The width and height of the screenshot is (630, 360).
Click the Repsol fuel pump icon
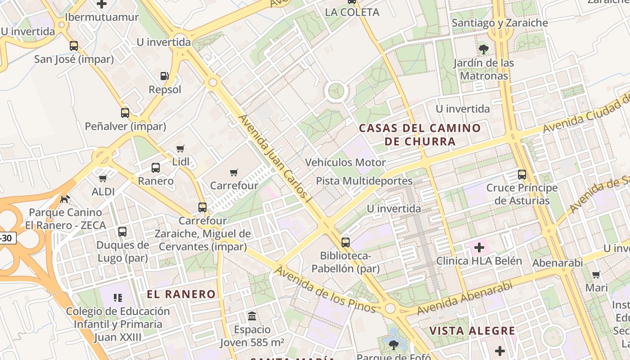pos(165,76)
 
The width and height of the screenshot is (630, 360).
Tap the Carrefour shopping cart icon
pos(234,172)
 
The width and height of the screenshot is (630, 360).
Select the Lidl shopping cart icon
pos(180,148)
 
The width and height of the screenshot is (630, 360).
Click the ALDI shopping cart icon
pos(103,178)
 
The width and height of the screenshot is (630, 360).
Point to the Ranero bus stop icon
pos(156,168)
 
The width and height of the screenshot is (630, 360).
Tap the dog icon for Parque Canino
pos(66,198)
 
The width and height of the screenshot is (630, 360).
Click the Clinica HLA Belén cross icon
pos(479,247)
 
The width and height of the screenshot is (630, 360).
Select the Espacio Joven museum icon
pos(252,316)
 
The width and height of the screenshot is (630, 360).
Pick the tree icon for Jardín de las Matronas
pos(484,49)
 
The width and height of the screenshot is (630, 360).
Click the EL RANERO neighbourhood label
pos(181,294)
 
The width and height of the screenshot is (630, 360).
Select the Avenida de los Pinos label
pos(324,289)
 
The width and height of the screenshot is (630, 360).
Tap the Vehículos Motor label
pos(346,162)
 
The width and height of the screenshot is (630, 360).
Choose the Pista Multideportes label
pos(364,181)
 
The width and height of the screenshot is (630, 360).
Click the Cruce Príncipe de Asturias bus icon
pos(522,175)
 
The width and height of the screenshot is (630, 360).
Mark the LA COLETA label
pos(352,12)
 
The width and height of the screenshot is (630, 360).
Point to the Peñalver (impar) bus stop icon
pos(125,113)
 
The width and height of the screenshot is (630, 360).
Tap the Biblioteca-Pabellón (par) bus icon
pos(346,243)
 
